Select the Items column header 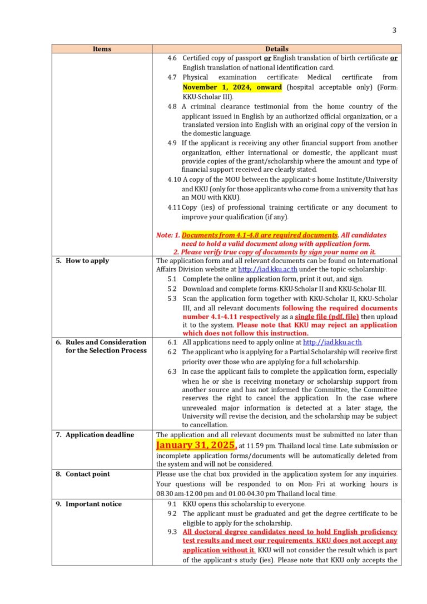102,49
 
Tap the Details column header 276,49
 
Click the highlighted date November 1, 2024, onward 232,87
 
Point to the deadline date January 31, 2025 196,445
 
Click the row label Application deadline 100,434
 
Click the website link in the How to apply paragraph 266,269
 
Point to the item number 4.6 172,58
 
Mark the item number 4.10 174,179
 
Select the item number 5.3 172,298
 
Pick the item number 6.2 172,351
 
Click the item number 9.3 172,532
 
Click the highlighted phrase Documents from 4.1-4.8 260,235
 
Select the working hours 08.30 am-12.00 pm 188,493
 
